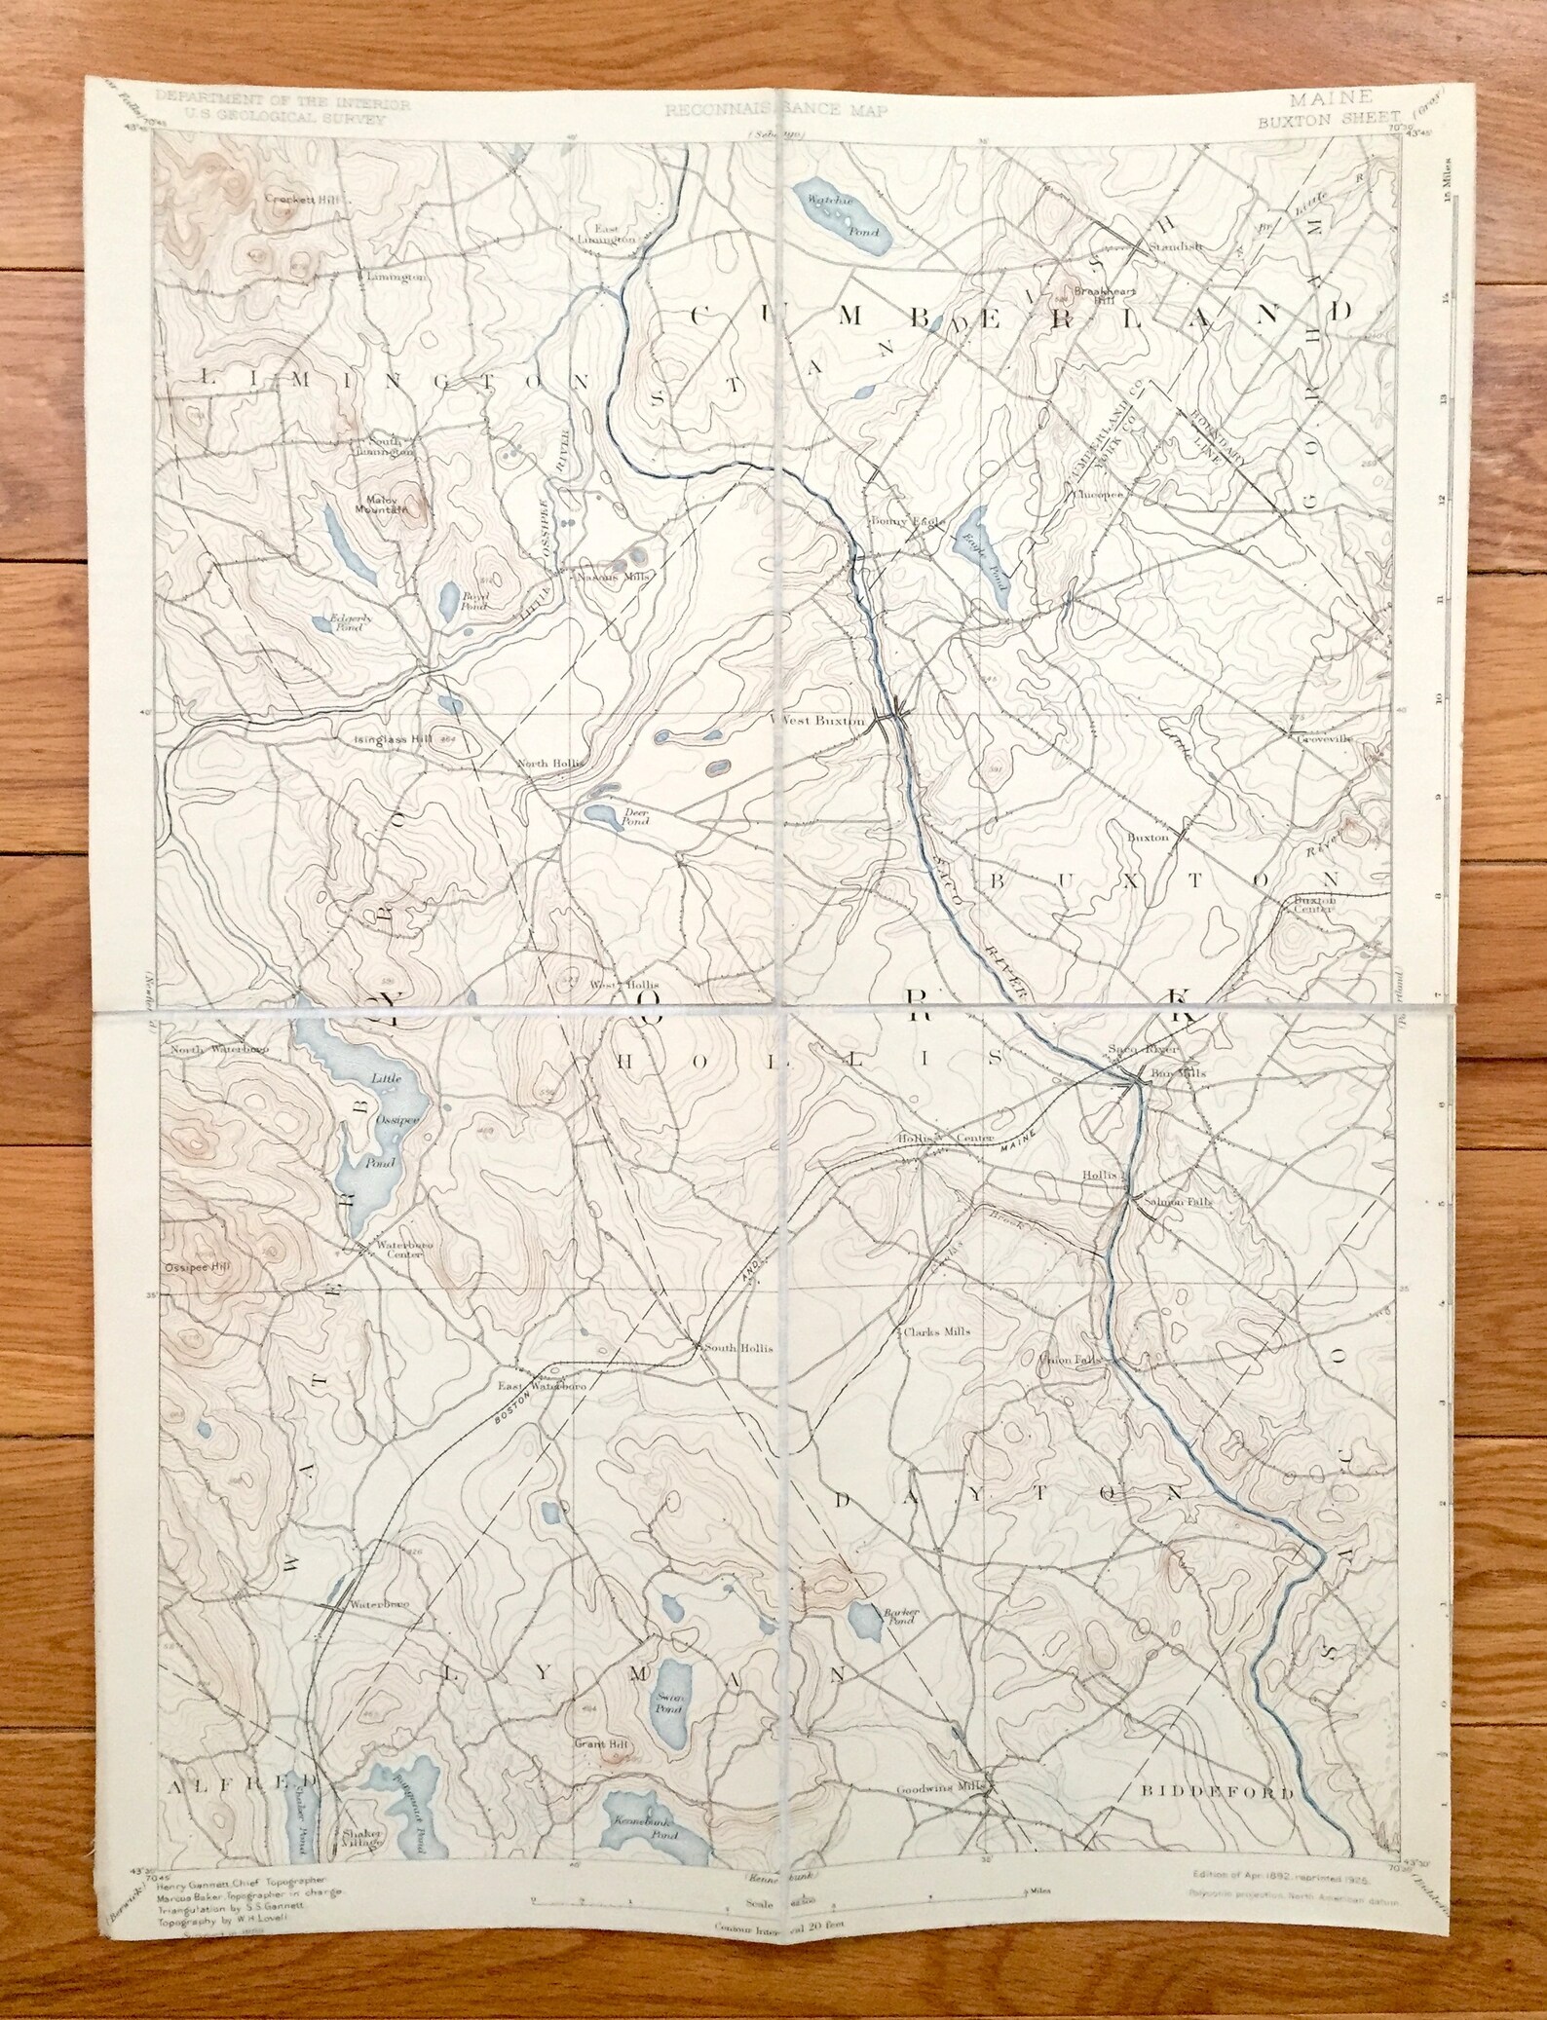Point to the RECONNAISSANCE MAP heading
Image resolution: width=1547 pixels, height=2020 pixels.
[x=776, y=111]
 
